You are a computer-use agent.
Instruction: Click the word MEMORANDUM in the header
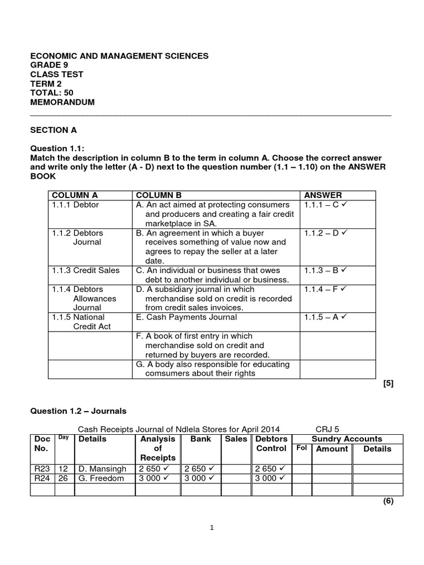click(x=62, y=103)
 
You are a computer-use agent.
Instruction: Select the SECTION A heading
click(x=54, y=131)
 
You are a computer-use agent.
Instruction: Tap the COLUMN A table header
click(x=74, y=195)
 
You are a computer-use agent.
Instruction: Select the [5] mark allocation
click(x=388, y=384)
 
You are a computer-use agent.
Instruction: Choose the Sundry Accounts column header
click(x=347, y=439)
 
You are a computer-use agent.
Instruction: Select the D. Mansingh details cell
click(x=102, y=468)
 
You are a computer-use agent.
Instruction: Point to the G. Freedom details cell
click(x=101, y=478)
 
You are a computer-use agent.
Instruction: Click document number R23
click(x=41, y=468)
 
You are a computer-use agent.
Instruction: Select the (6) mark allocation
click(x=388, y=502)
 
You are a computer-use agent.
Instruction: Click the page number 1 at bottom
click(x=212, y=527)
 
